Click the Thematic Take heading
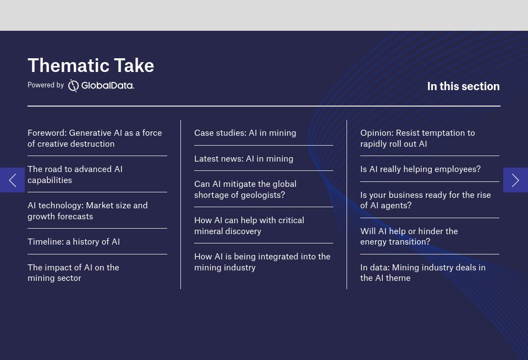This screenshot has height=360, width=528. pos(91,65)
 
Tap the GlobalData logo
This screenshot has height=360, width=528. pos(101,85)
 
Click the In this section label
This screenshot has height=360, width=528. pos(463,86)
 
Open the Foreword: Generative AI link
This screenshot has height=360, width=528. pos(95,139)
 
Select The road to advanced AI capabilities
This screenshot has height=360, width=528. pos(75,175)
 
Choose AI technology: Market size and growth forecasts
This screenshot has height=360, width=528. pos(87,211)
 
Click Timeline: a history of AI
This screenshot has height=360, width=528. pos(74,242)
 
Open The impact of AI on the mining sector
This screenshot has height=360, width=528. pos(73,273)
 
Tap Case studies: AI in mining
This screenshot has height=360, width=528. pos(245,133)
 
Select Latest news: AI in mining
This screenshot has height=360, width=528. pos(244,159)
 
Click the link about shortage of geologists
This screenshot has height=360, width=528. pos(245,190)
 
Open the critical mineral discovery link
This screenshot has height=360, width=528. pos(249,226)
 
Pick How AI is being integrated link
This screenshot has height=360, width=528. pos(262,262)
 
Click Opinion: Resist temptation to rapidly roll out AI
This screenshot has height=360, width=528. pos(417,139)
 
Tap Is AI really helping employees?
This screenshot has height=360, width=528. pos(420,169)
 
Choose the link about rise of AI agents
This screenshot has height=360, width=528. pos(425,200)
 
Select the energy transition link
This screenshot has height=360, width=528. pos(409,236)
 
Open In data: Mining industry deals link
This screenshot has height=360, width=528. pos(423,273)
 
